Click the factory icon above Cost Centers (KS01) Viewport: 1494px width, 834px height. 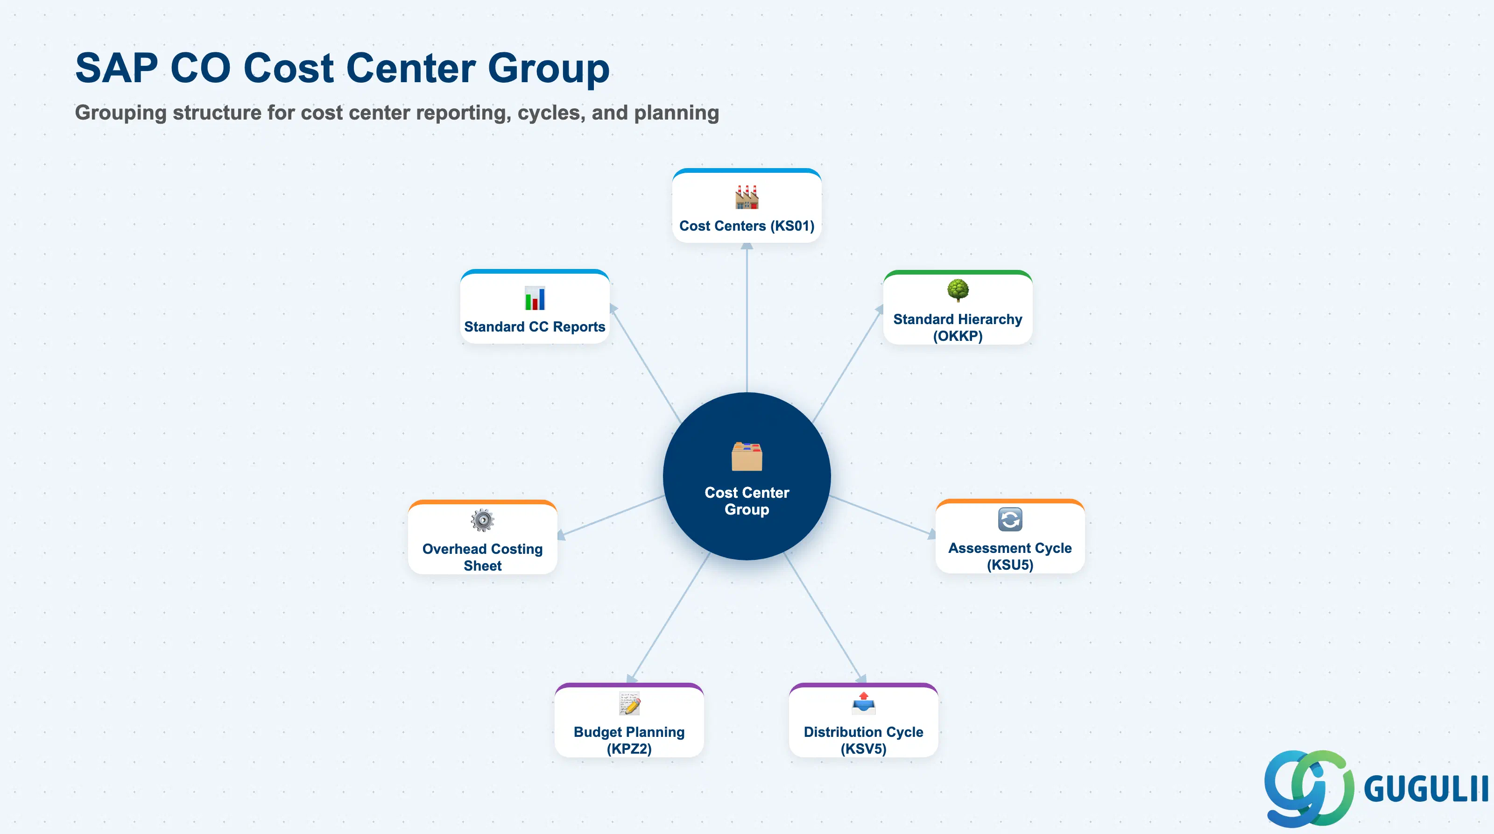click(747, 197)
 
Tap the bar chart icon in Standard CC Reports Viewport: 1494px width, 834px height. click(535, 298)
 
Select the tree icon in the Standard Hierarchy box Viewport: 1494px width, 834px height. click(958, 290)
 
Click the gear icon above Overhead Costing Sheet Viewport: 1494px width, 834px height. click(483, 520)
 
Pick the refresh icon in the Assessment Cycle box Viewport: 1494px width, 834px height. click(1010, 519)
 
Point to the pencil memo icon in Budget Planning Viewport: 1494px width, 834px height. click(629, 704)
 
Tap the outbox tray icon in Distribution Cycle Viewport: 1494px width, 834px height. click(864, 704)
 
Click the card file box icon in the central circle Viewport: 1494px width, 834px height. click(747, 456)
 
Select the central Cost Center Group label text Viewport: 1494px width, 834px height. click(747, 501)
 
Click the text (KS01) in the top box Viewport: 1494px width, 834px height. click(792, 226)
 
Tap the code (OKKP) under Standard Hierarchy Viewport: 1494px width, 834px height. click(958, 336)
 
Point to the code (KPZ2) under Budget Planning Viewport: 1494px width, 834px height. click(629, 749)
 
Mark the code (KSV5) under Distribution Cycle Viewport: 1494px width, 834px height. click(864, 749)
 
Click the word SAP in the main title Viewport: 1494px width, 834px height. click(117, 68)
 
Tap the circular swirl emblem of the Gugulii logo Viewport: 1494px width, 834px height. click(1308, 788)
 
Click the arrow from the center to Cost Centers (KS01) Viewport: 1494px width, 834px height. click(747, 317)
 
